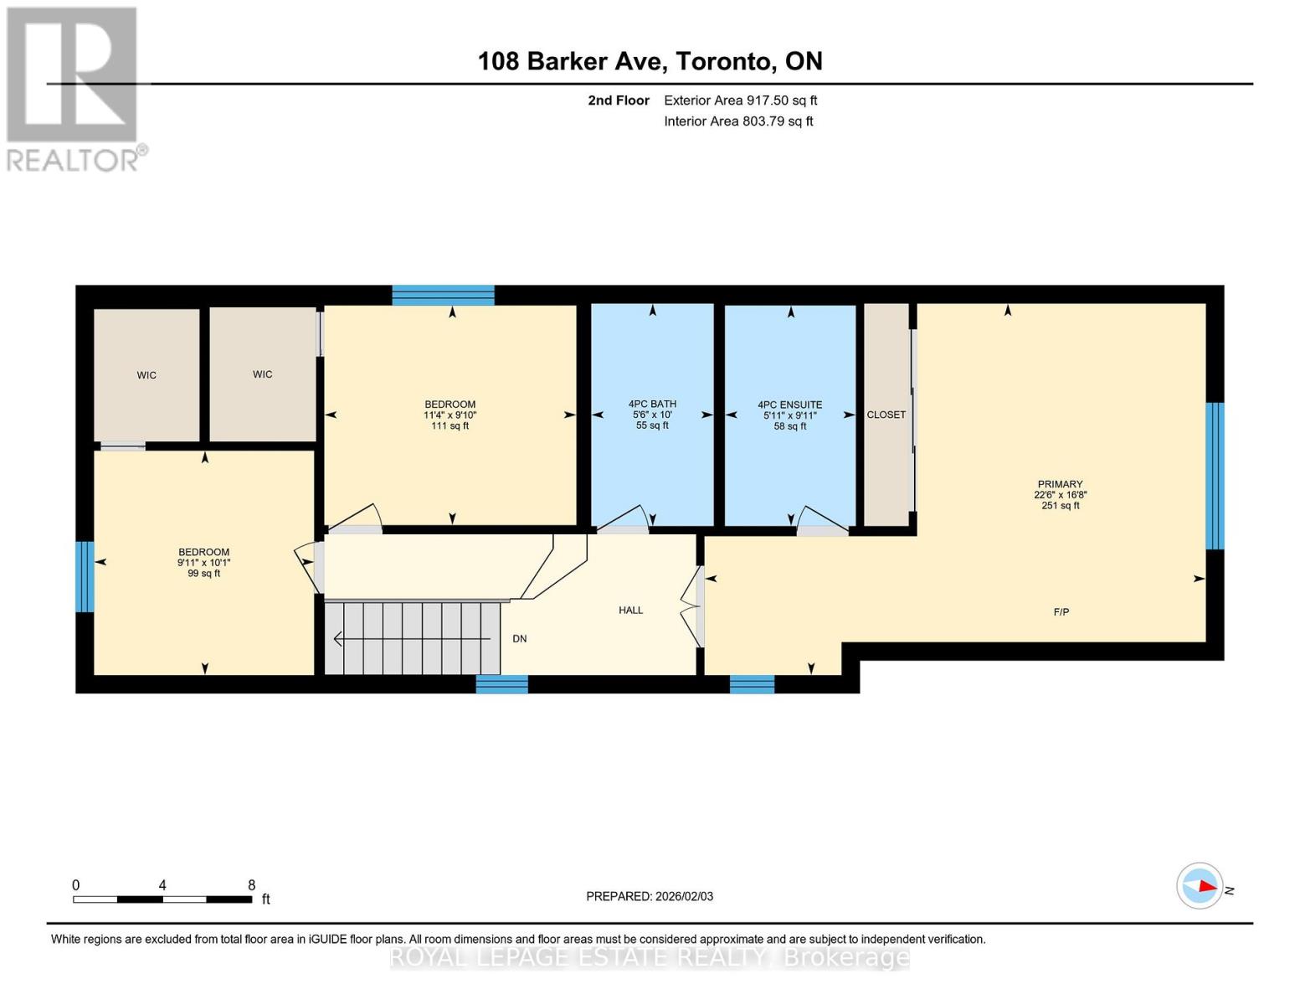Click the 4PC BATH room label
click(652, 404)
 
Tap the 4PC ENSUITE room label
click(789, 405)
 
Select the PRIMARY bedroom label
click(1060, 484)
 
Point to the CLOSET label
click(886, 415)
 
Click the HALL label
click(630, 610)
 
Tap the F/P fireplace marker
click(1061, 611)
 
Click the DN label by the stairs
click(519, 639)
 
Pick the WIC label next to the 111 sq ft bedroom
click(262, 374)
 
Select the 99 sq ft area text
click(204, 574)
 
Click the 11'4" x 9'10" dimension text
click(450, 415)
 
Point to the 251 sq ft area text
click(1060, 505)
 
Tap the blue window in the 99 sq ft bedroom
click(85, 576)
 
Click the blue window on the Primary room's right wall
click(1215, 476)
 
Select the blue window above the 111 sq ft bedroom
click(444, 295)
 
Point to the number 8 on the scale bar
click(252, 885)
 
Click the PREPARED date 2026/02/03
click(684, 896)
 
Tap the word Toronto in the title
click(723, 61)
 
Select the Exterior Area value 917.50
click(768, 100)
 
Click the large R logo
click(72, 75)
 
